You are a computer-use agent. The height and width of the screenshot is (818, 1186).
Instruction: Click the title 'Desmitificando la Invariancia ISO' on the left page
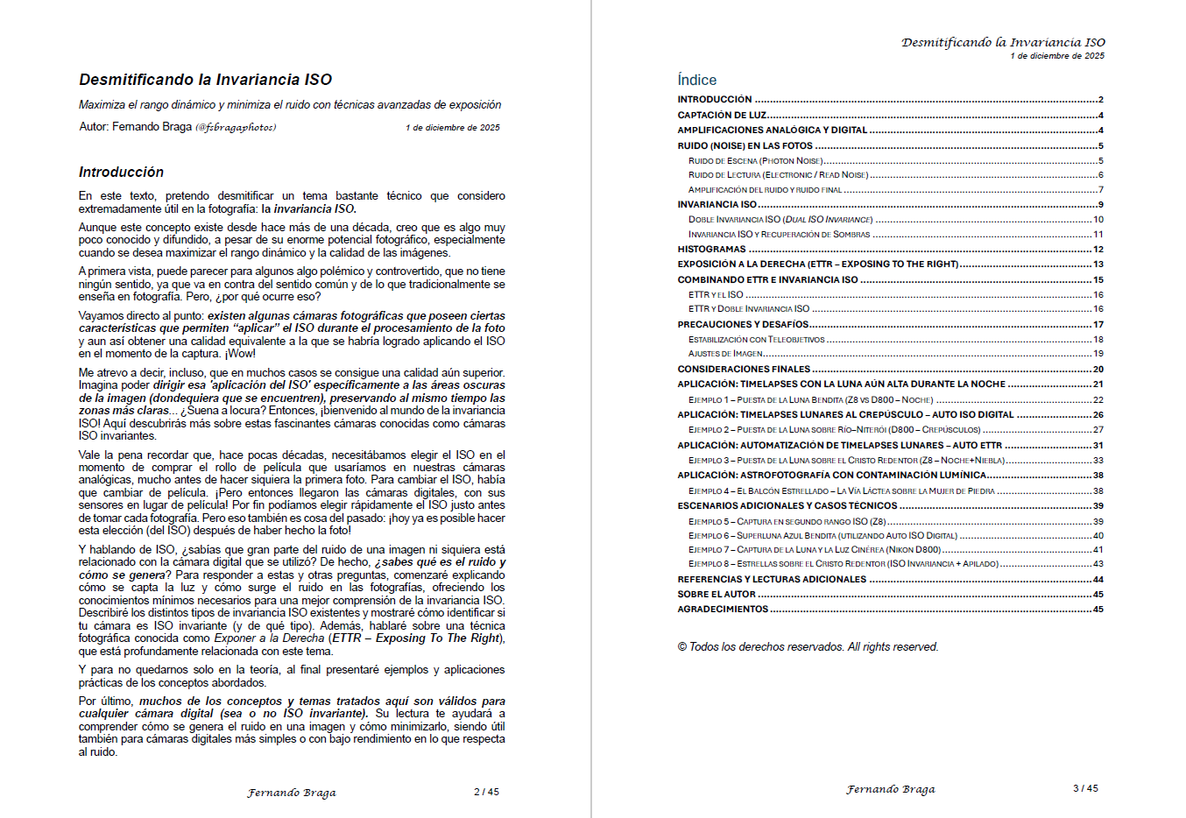tap(205, 80)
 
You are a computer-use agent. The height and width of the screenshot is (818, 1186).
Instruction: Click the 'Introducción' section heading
tap(121, 173)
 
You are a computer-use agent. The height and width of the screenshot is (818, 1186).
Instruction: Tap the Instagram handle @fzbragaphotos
tap(236, 128)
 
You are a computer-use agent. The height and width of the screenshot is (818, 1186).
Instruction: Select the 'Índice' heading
tap(696, 80)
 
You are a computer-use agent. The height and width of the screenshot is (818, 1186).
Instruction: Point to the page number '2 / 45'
tap(486, 792)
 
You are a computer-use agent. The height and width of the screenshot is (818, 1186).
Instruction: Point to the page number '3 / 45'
tap(1085, 788)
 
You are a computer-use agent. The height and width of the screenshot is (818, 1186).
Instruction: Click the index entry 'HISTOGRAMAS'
tap(711, 250)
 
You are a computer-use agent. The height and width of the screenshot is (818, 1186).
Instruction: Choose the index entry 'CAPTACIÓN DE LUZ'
tap(722, 116)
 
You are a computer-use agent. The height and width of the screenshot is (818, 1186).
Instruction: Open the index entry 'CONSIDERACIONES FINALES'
tap(744, 370)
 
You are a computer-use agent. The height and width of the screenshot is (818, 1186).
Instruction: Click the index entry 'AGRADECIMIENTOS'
tap(723, 610)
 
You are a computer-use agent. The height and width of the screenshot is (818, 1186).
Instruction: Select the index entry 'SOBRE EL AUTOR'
tap(717, 595)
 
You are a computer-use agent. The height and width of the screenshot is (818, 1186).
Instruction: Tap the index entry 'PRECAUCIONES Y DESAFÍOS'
tap(743, 325)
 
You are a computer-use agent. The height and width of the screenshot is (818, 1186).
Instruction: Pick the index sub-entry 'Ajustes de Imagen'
tap(725, 354)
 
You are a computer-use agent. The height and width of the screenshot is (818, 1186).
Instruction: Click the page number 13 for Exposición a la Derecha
tap(1098, 264)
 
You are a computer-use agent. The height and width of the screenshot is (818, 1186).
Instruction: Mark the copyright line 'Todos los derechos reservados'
tap(808, 647)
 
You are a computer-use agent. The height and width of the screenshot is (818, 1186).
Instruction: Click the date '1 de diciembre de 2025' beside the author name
tap(452, 128)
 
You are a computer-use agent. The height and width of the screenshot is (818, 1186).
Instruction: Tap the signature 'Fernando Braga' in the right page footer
tap(890, 789)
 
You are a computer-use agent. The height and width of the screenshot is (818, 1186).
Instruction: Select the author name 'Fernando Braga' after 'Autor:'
tap(152, 127)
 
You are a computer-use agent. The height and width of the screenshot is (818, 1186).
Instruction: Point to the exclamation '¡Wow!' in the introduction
tap(240, 354)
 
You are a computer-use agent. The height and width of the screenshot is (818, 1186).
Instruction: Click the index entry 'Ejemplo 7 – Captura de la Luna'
tap(815, 550)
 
